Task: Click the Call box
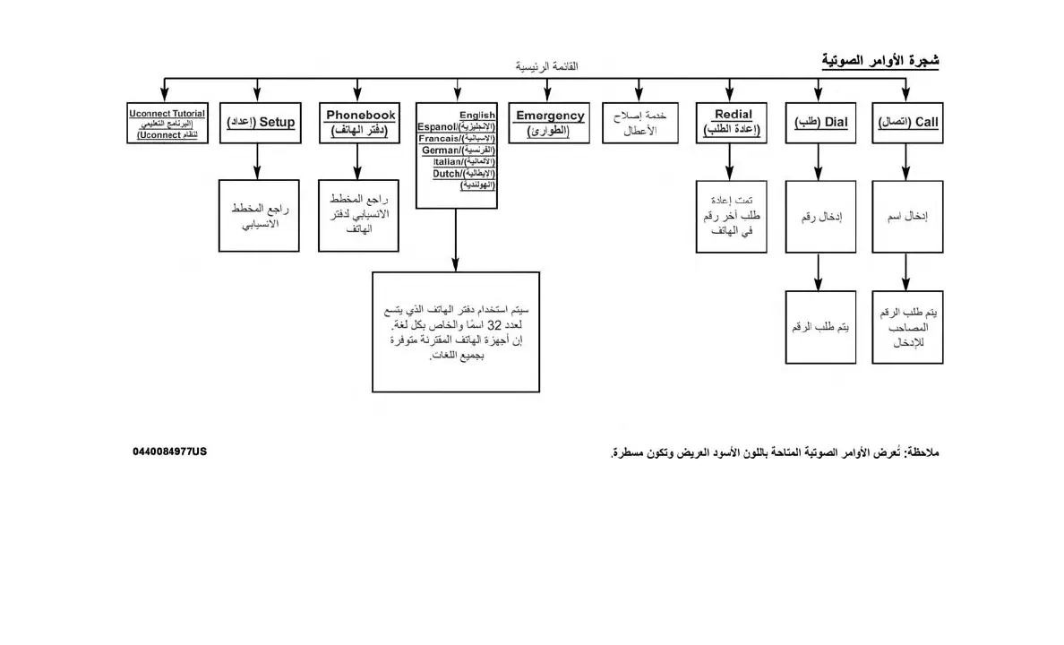coord(907,123)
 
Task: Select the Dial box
coord(818,123)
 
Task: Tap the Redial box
coord(732,123)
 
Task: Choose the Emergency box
coord(550,123)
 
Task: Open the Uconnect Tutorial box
coord(167,123)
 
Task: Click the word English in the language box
coord(476,116)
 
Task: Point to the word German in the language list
coord(440,150)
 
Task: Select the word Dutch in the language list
coord(446,174)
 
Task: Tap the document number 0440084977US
coord(170,451)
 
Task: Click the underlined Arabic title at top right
coord(880,61)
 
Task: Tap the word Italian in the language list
coord(445,162)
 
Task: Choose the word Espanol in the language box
coord(436,127)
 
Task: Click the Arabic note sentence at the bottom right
coord(775,452)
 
